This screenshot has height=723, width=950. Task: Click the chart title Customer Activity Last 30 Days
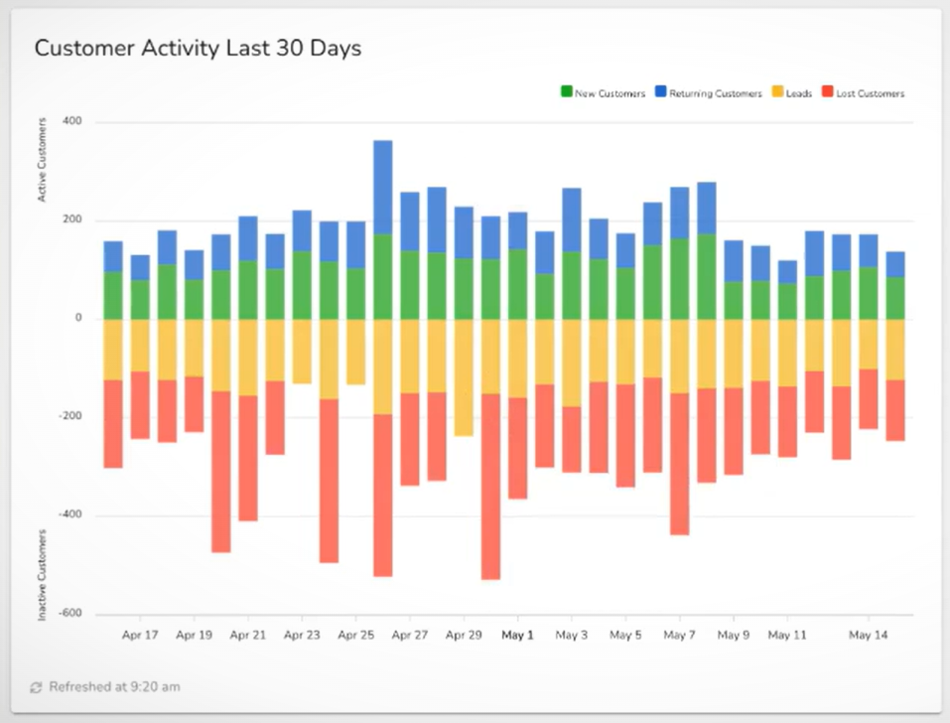(198, 49)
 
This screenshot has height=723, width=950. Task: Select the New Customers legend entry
(604, 93)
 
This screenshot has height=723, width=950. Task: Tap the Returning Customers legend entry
(707, 93)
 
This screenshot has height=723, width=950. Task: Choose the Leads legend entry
(791, 93)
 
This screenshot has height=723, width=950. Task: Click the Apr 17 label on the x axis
(140, 635)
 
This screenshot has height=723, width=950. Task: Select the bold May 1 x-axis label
(517, 635)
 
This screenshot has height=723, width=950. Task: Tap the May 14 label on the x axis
(868, 635)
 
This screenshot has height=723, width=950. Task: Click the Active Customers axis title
(43, 159)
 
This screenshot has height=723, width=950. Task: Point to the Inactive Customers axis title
(43, 575)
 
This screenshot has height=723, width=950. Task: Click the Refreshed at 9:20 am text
(114, 686)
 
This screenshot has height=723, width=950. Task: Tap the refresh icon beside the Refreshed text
(37, 687)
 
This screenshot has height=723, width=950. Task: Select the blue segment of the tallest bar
(382, 187)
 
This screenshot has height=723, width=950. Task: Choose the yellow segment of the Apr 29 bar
(463, 376)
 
